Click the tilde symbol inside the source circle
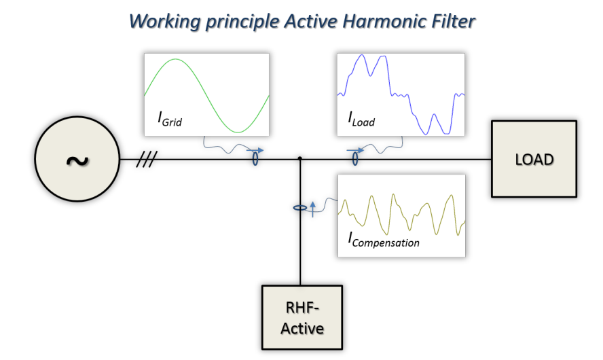77,161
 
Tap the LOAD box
534,159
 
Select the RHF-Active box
302,317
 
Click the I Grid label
170,119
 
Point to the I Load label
361,119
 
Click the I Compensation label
384,240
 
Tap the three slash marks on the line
147,159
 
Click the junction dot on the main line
300,158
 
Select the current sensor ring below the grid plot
255,159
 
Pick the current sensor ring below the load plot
355,159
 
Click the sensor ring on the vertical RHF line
300,208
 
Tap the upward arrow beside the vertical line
312,209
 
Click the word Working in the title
164,22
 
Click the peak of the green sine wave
175,59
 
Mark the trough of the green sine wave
238,132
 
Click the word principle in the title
242,22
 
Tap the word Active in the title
311,21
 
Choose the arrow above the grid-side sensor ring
255,150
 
